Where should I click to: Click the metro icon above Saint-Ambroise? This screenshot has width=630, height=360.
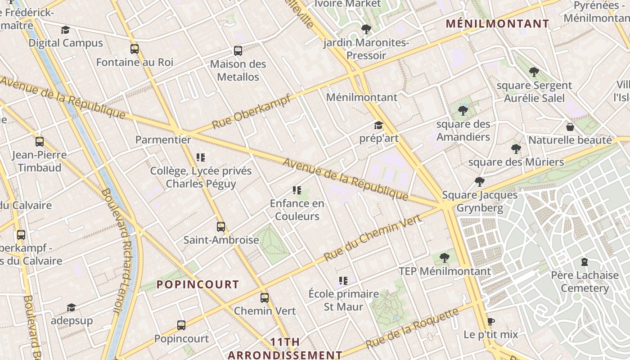tap(220, 226)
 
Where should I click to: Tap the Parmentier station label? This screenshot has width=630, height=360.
tap(163, 139)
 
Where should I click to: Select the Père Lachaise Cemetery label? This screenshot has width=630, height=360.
tap(585, 281)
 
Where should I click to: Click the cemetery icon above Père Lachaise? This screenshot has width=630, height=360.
tap(585, 261)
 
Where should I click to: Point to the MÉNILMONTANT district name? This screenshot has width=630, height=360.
tap(497, 24)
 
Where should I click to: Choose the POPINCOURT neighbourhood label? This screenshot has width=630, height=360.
tap(198, 284)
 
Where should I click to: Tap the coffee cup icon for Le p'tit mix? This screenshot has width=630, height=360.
tap(490, 321)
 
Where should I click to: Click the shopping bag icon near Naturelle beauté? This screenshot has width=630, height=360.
tap(570, 127)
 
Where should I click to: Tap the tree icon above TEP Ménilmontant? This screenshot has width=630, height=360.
tap(445, 258)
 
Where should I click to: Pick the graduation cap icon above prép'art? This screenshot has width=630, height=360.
tap(378, 125)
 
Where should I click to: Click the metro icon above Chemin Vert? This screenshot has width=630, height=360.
tap(265, 297)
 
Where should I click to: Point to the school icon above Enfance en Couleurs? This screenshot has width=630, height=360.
tap(297, 190)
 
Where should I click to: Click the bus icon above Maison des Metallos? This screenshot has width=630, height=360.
tap(238, 51)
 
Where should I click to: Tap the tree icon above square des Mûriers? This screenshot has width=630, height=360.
tap(516, 149)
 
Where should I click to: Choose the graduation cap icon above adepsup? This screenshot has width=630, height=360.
tap(71, 307)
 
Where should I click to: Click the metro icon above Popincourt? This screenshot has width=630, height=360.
tap(181, 325)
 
